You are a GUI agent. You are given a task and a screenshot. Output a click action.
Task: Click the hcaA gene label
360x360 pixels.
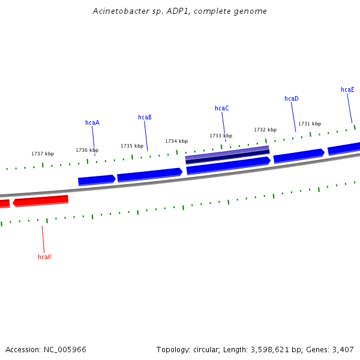pos(92,122)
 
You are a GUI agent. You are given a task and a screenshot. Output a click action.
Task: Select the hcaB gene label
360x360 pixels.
pos(145,117)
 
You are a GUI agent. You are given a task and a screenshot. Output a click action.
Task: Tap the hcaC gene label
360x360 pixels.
pos(222,108)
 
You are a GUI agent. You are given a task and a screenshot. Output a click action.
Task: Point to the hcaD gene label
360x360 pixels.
pos(292,98)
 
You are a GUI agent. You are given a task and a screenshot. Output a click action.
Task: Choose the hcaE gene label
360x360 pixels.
pos(347,89)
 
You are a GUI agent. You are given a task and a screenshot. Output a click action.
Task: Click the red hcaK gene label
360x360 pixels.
pos(45,257)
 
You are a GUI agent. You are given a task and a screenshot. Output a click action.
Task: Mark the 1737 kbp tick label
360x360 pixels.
pos(43,154)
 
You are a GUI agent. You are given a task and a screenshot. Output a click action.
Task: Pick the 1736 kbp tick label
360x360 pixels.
pos(87,150)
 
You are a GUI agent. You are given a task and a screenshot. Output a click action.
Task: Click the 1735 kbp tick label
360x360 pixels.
pos(132,146)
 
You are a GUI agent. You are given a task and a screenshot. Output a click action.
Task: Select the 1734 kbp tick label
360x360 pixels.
pos(176,141)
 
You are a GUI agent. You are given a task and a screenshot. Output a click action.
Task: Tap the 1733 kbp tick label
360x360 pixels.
pos(221,136)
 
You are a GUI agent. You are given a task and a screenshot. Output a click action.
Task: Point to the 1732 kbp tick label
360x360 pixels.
pos(265,130)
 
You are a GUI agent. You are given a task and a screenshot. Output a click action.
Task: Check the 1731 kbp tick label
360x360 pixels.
pos(310,124)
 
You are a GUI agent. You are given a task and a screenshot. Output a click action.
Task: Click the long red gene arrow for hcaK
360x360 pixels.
pos(41,200)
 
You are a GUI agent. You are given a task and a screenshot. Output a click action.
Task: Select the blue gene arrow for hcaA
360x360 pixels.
pos(97,180)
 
